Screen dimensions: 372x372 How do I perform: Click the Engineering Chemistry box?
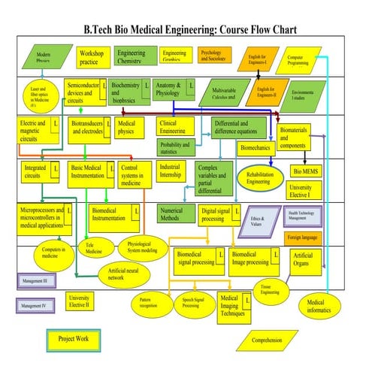coord(132,57)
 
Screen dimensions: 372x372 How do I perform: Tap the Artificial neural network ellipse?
coord(126,274)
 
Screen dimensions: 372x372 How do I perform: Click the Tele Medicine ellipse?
coord(94,250)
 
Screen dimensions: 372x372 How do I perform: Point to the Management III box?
coord(34,282)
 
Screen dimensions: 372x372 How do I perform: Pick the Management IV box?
coord(34,306)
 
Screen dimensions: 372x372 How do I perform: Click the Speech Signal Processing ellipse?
coord(191,303)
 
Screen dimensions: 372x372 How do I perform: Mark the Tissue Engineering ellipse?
coord(270,290)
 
